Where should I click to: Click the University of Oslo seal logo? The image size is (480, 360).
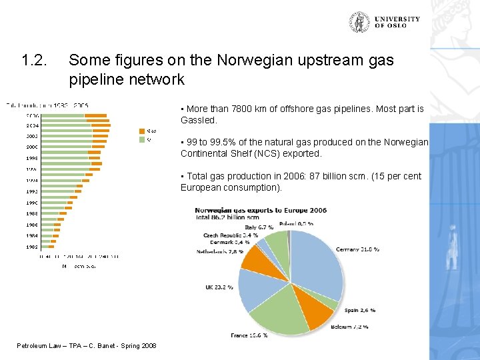click(361, 23)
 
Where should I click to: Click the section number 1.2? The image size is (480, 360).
click(34, 61)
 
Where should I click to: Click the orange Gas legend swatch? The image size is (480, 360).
click(141, 131)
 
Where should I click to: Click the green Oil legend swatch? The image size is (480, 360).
click(141, 139)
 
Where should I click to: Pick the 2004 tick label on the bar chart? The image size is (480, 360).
click(32, 125)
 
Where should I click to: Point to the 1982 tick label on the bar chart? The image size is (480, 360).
click(32, 247)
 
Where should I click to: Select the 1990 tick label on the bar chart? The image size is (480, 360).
click(32, 203)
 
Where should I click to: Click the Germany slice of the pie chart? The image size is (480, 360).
click(318, 263)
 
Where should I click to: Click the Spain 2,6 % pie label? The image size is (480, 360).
click(360, 310)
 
